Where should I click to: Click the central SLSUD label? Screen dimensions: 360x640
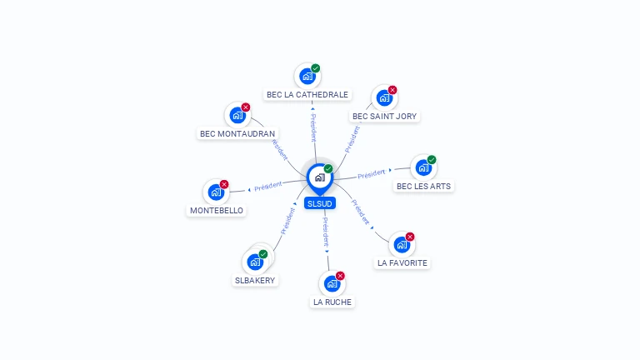click(320, 203)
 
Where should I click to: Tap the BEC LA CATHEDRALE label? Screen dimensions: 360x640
click(307, 95)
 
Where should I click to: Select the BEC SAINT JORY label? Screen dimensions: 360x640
click(384, 117)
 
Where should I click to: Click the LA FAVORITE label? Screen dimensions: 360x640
click(402, 263)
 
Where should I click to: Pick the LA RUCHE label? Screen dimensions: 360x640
click(332, 302)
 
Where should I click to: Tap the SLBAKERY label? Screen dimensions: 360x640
click(255, 281)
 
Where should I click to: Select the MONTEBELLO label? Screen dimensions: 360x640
click(217, 211)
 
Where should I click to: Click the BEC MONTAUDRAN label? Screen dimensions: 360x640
click(238, 133)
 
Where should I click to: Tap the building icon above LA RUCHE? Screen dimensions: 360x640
click(332, 283)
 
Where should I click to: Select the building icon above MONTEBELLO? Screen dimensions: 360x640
click(216, 192)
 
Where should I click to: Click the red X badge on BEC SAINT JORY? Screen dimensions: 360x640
click(392, 90)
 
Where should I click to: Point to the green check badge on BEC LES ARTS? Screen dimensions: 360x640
click(432, 159)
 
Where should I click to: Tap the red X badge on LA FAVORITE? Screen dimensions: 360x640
click(410, 237)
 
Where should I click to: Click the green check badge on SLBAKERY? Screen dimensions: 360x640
click(263, 253)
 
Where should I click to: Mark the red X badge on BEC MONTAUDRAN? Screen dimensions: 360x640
click(246, 107)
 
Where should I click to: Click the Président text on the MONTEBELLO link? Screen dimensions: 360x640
click(268, 187)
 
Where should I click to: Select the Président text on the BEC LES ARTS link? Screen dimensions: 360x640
click(371, 174)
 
